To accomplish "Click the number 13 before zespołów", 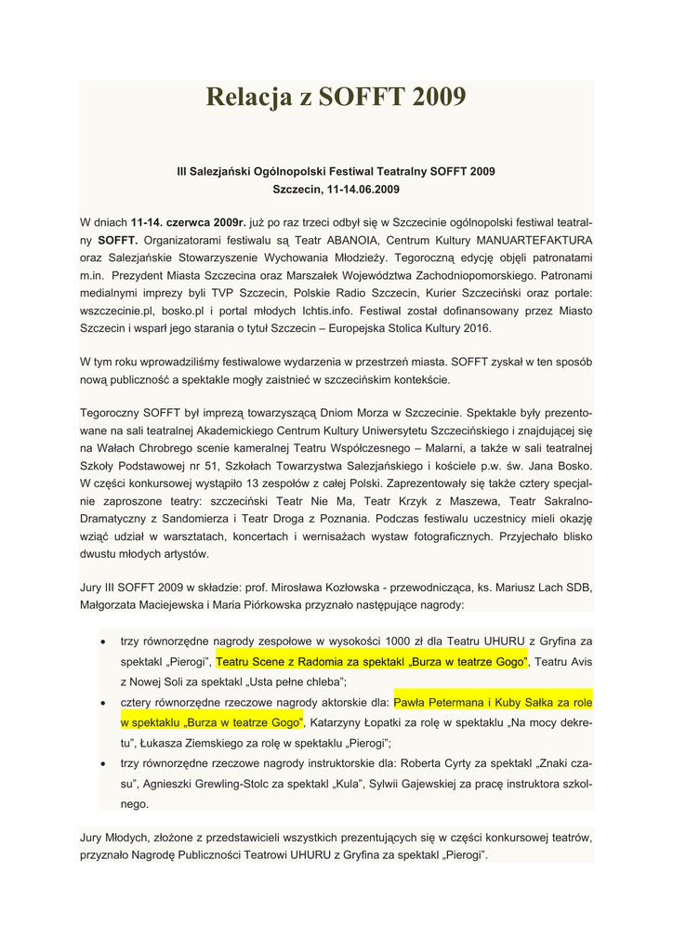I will pyautogui.click(x=242, y=483).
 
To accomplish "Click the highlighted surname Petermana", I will pyautogui.click(x=463, y=703).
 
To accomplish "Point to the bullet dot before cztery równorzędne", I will pyautogui.click(x=101, y=703).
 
